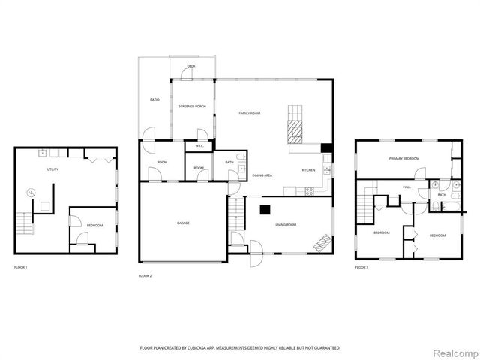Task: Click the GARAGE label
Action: point(183,223)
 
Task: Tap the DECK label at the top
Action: point(191,67)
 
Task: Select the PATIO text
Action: point(154,100)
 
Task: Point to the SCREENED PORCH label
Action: point(192,106)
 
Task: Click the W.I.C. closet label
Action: point(200,145)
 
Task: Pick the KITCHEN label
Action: point(309,170)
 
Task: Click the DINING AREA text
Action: point(262,175)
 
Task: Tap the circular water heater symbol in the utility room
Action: point(31,193)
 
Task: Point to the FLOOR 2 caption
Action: point(145,276)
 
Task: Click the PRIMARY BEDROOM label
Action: point(403,159)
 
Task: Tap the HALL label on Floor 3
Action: point(406,187)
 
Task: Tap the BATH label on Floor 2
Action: point(229,162)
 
